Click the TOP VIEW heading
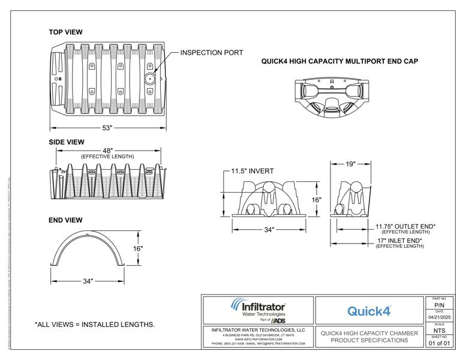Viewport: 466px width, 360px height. click(65, 32)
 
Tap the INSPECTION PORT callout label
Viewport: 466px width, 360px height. click(212, 53)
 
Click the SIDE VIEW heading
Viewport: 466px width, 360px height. click(66, 142)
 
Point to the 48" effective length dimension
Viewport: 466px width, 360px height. click(108, 151)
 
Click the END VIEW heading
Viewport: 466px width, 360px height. click(65, 220)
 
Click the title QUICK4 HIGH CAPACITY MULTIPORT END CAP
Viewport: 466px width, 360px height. click(339, 61)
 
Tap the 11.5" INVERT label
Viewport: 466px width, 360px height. click(252, 171)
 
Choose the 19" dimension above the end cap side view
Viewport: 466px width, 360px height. click(350, 163)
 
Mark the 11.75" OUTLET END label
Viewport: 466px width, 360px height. click(405, 227)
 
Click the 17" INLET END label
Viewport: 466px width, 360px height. click(399, 241)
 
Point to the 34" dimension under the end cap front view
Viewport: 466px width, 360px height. click(268, 229)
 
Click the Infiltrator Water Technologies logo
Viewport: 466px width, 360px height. click(258, 311)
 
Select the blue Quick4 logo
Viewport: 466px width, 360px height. click(369, 311)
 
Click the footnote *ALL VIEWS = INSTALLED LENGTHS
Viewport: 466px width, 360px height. click(95, 325)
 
